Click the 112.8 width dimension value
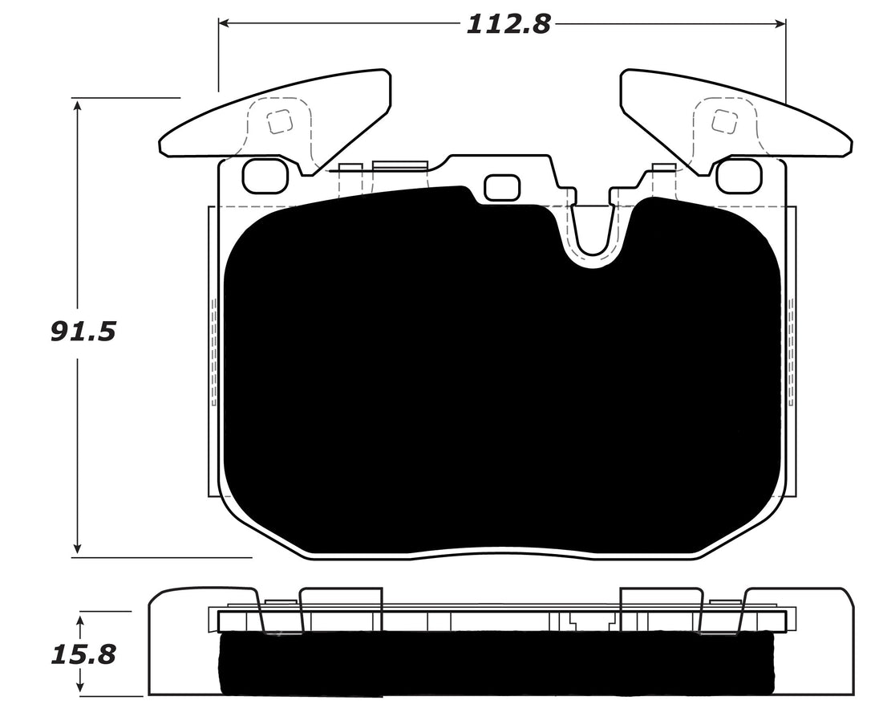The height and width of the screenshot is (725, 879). pyautogui.click(x=508, y=24)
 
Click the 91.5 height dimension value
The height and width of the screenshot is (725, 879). pyautogui.click(x=83, y=331)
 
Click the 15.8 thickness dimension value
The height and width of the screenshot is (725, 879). pyautogui.click(x=83, y=654)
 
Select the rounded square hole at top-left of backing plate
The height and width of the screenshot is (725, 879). pyautogui.click(x=265, y=176)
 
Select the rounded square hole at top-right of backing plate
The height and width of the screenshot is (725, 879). pyautogui.click(x=738, y=176)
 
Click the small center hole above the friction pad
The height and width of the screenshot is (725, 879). pyautogui.click(x=503, y=187)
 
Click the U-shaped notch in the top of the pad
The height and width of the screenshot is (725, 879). pyautogui.click(x=593, y=233)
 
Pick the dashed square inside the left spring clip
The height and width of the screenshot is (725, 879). pyautogui.click(x=279, y=122)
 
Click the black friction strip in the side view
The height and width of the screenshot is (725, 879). pyautogui.click(x=497, y=662)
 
